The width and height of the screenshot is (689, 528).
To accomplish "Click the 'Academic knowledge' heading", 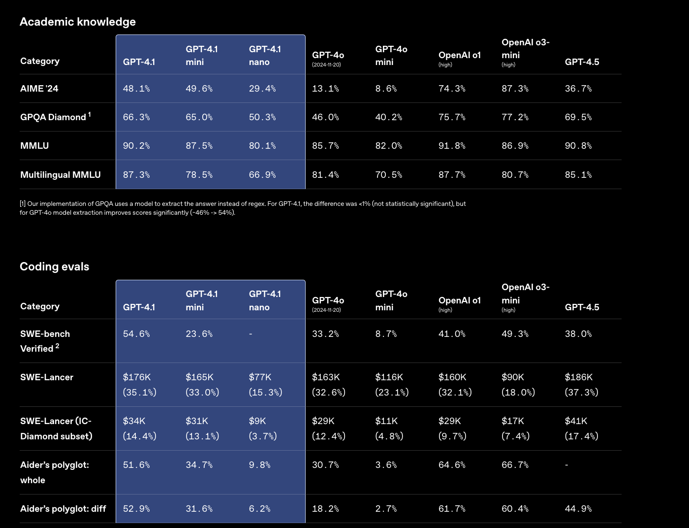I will click(78, 22).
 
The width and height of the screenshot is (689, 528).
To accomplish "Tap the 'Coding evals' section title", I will click(55, 266).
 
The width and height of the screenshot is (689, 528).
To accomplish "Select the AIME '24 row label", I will click(39, 89).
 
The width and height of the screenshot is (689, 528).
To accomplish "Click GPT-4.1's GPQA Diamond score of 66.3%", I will click(136, 117).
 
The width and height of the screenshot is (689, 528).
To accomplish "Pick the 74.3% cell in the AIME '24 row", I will click(452, 89).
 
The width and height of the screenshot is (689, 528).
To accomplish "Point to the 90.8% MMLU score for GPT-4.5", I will click(578, 146).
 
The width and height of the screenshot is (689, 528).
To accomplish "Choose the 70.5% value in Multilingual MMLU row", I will click(389, 175).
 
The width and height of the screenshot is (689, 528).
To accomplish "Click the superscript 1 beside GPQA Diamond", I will click(90, 115).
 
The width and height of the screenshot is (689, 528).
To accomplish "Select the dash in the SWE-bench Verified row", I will click(251, 334).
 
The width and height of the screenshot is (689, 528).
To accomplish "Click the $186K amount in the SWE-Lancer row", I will click(579, 377).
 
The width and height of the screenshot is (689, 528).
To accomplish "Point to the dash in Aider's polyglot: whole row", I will click(566, 465).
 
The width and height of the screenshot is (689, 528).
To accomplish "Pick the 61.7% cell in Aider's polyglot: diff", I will click(452, 509).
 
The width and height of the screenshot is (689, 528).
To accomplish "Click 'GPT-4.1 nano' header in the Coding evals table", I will click(265, 300).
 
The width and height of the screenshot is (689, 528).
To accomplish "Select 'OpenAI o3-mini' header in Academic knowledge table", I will click(525, 49).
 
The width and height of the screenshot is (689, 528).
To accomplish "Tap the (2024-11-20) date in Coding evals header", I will click(326, 310).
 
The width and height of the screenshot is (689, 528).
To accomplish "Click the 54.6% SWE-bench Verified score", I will click(136, 334).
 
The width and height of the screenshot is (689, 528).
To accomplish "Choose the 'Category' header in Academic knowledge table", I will click(40, 61).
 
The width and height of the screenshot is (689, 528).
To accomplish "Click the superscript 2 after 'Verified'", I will click(58, 346).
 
